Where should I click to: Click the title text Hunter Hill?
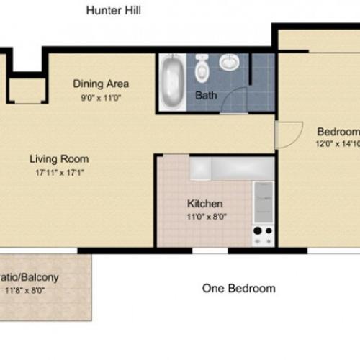(113, 10)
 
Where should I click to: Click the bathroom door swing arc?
(232, 100)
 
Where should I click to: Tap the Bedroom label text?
(338, 132)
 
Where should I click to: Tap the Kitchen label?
(205, 204)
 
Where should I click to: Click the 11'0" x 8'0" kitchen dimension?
(205, 216)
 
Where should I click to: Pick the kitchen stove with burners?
(263, 234)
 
